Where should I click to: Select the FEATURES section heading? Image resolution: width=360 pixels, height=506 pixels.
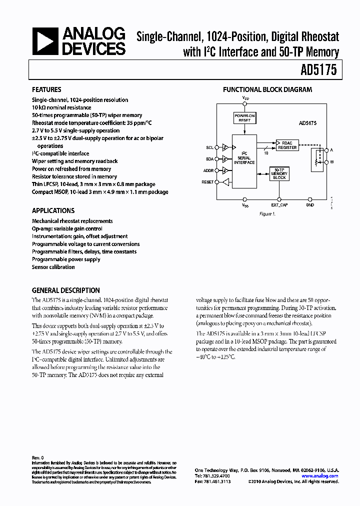point(46,90)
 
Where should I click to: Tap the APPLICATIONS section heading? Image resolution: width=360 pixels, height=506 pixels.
point(53,210)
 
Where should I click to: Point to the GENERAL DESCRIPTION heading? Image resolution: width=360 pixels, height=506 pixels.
point(65,290)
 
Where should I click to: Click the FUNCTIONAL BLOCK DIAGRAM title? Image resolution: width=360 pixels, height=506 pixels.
point(267,90)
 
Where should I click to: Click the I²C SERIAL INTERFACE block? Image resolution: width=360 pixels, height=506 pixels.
point(244,157)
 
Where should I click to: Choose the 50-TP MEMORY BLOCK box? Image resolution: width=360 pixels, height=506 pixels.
point(279,174)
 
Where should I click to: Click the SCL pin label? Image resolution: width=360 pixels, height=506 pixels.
point(209,147)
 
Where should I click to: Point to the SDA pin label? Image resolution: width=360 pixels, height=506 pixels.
point(209,159)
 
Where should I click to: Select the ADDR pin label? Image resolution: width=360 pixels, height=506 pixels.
point(208,170)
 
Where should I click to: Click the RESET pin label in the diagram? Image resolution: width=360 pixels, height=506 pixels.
point(207,182)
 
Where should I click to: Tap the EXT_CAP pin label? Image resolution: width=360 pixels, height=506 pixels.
point(279,205)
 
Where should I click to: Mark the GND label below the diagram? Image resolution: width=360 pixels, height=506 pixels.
point(310,205)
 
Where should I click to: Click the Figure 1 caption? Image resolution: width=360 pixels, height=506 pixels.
point(267,213)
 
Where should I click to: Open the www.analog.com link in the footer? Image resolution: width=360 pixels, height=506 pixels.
point(320,476)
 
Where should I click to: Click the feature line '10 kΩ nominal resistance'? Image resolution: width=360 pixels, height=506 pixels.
point(61,107)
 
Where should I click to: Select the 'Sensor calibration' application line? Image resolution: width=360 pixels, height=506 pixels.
point(53,267)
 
